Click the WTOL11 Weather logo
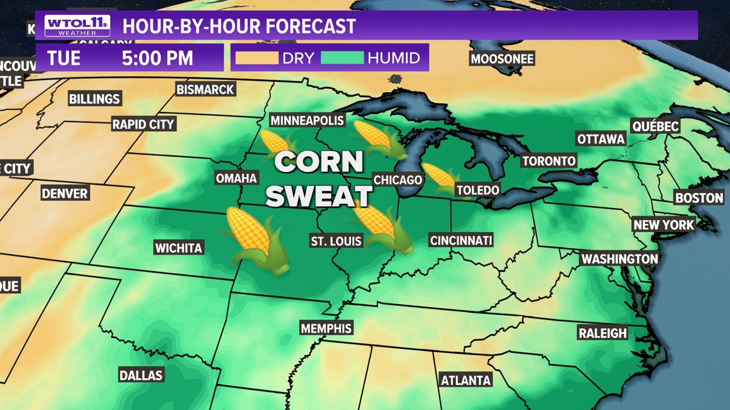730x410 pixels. pyautogui.click(x=77, y=26)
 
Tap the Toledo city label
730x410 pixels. pyautogui.click(x=478, y=190)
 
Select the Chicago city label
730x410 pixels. pyautogui.click(x=398, y=180)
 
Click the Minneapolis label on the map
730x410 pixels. pyautogui.click(x=307, y=120)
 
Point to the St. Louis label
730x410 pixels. pyautogui.click(x=336, y=241)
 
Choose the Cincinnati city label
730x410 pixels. pyautogui.click(x=461, y=240)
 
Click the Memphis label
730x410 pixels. pyautogui.click(x=326, y=328)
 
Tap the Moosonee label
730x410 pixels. pyautogui.click(x=502, y=59)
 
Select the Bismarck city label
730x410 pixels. pyautogui.click(x=205, y=90)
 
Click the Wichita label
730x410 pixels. pyautogui.click(x=178, y=248)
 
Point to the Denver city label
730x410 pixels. pyautogui.click(x=65, y=193)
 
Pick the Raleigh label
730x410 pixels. pyautogui.click(x=603, y=333)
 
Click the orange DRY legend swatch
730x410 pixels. pyautogui.click(x=257, y=58)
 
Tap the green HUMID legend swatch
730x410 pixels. pyautogui.click(x=342, y=58)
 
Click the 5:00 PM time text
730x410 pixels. pyautogui.click(x=158, y=58)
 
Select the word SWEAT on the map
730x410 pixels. pyautogui.click(x=319, y=196)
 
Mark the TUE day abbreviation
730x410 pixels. pyautogui.click(x=64, y=58)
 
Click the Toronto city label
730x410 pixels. pyautogui.click(x=549, y=161)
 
